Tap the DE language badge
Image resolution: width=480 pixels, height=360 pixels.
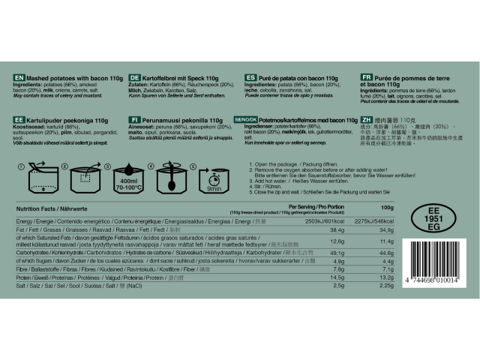tap(135, 77)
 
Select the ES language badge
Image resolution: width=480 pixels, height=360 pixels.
tap(250, 77)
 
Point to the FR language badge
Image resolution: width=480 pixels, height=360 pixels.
tap(367, 77)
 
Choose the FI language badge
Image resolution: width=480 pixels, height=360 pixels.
tap(135, 119)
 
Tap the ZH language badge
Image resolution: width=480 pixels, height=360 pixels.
tap(367, 119)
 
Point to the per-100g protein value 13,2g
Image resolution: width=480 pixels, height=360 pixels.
tap(386, 300)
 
